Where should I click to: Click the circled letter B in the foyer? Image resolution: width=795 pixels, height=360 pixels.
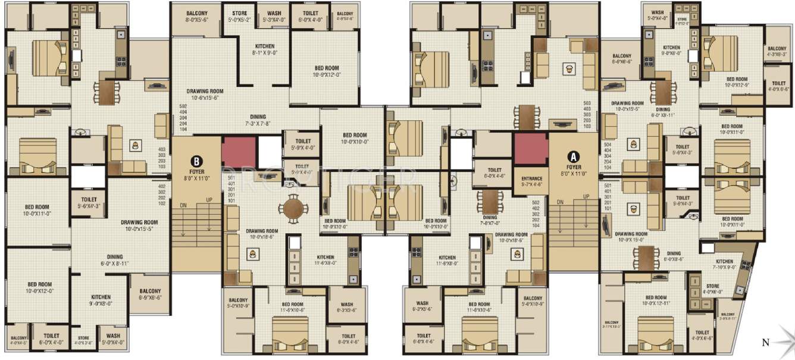coord(196,161)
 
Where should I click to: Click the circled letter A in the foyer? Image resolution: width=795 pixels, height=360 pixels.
coord(574,156)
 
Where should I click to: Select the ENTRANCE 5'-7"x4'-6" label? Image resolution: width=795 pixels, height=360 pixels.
coord(531,181)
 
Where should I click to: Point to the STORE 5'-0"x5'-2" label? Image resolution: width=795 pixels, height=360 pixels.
coord(240,17)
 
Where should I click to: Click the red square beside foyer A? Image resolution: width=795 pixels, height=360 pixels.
coord(531,148)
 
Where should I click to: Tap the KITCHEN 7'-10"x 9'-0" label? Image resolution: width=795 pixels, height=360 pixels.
coord(724,264)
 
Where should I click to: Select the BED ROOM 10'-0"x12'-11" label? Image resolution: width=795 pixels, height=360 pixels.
coord(656,300)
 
